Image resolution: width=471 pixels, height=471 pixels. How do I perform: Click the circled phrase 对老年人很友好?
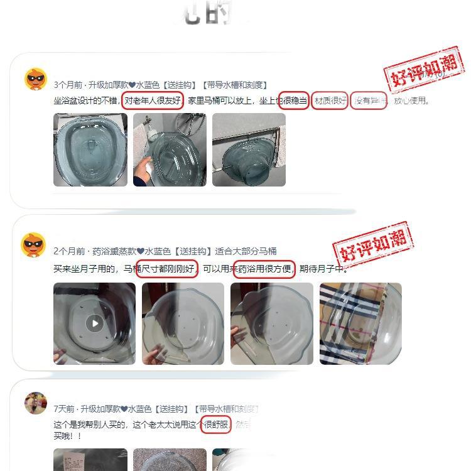click(x=153, y=101)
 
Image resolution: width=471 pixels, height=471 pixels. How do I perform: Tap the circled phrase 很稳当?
click(x=294, y=101)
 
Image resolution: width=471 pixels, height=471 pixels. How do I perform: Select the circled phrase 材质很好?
click(x=330, y=101)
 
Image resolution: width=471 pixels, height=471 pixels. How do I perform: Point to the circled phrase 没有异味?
click(x=369, y=101)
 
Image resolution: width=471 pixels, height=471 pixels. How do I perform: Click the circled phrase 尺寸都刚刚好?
click(x=167, y=269)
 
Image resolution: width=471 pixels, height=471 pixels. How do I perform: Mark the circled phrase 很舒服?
click(x=216, y=425)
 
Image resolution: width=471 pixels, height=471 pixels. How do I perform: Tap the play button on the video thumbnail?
click(x=94, y=323)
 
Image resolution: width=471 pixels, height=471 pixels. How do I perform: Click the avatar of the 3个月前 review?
click(x=36, y=79)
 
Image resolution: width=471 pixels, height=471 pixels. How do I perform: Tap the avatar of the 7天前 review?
click(x=36, y=403)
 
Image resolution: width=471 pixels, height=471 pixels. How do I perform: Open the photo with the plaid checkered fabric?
click(x=360, y=323)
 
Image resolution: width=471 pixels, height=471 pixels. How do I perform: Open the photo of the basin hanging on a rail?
click(x=249, y=149)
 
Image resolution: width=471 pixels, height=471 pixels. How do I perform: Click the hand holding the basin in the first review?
click(x=142, y=171)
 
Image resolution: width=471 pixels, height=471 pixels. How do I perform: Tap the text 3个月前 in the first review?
click(x=68, y=85)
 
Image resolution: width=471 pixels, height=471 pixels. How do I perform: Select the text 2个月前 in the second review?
click(x=68, y=251)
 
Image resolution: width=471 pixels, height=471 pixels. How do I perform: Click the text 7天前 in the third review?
click(x=65, y=409)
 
